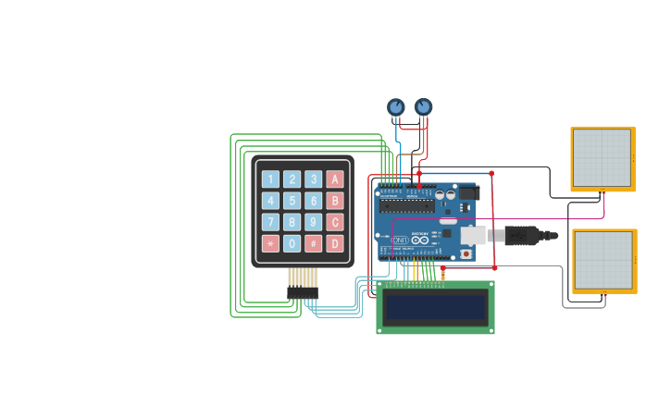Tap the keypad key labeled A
click(x=335, y=179)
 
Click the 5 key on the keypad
click(x=292, y=201)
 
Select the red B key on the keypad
click(x=335, y=201)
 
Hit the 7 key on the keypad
click(x=269, y=222)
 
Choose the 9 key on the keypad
click(x=314, y=222)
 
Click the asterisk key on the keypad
click(x=269, y=244)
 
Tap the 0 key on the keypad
click(x=292, y=244)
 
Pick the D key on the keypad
click(x=335, y=244)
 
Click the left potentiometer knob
click(x=395, y=107)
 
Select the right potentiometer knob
click(x=423, y=107)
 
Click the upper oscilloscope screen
click(x=602, y=158)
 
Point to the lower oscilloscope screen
click(x=603, y=260)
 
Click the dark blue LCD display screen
click(x=435, y=307)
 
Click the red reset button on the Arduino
click(x=466, y=253)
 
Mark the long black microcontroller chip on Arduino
click(x=407, y=206)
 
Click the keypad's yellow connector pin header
click(x=303, y=277)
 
